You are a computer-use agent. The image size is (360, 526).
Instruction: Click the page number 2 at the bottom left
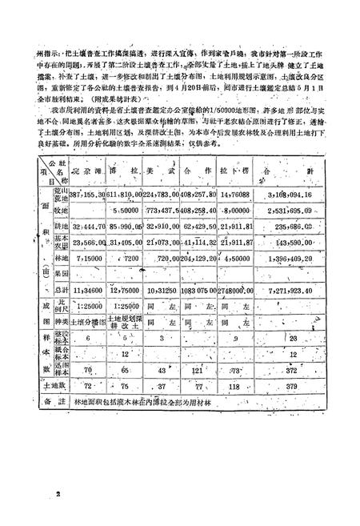click(59, 495)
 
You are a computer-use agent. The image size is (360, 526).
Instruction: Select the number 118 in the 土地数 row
click(257, 387)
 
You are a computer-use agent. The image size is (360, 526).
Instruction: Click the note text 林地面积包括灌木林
click(109, 405)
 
